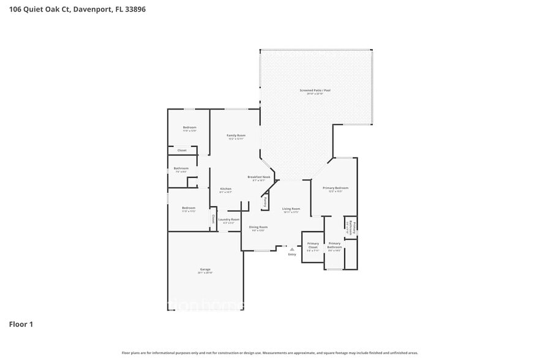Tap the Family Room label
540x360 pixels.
[236, 135]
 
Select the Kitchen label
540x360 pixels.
[225, 188]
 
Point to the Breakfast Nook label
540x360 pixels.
[258, 177]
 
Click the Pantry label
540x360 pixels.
[264, 201]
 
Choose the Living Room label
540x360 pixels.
[291, 208]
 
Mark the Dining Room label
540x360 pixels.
[258, 227]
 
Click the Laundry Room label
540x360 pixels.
[228, 219]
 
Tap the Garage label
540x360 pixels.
[205, 269]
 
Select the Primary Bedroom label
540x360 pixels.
[337, 188]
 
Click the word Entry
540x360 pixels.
[292, 254]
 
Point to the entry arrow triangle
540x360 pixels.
[292, 249]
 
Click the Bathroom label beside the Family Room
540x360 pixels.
[181, 168]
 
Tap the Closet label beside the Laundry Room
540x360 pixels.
[213, 218]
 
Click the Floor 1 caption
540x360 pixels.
[21, 324]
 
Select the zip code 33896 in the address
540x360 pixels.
[137, 10]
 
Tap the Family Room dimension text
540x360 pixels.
[236, 139]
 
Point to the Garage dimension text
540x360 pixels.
[205, 272]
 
